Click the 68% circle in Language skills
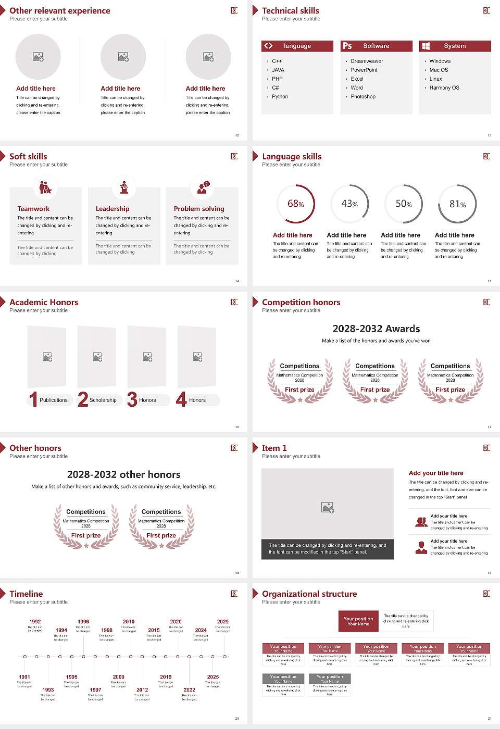point(296,204)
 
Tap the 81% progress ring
point(457,204)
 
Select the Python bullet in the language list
point(280,96)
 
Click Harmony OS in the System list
point(444,87)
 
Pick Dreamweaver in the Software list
point(367,61)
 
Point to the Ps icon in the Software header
point(347,46)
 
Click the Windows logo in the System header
point(426,46)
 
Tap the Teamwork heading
point(33,208)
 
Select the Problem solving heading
point(199,208)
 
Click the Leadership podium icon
point(124,187)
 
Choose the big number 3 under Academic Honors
point(132,399)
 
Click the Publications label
point(54,400)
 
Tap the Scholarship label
point(103,400)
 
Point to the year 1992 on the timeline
point(35,621)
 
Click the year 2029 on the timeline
point(222,621)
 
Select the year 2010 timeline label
point(129,621)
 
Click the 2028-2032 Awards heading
point(376,329)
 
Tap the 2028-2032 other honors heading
point(123,474)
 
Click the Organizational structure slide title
point(309,594)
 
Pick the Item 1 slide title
point(274,448)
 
